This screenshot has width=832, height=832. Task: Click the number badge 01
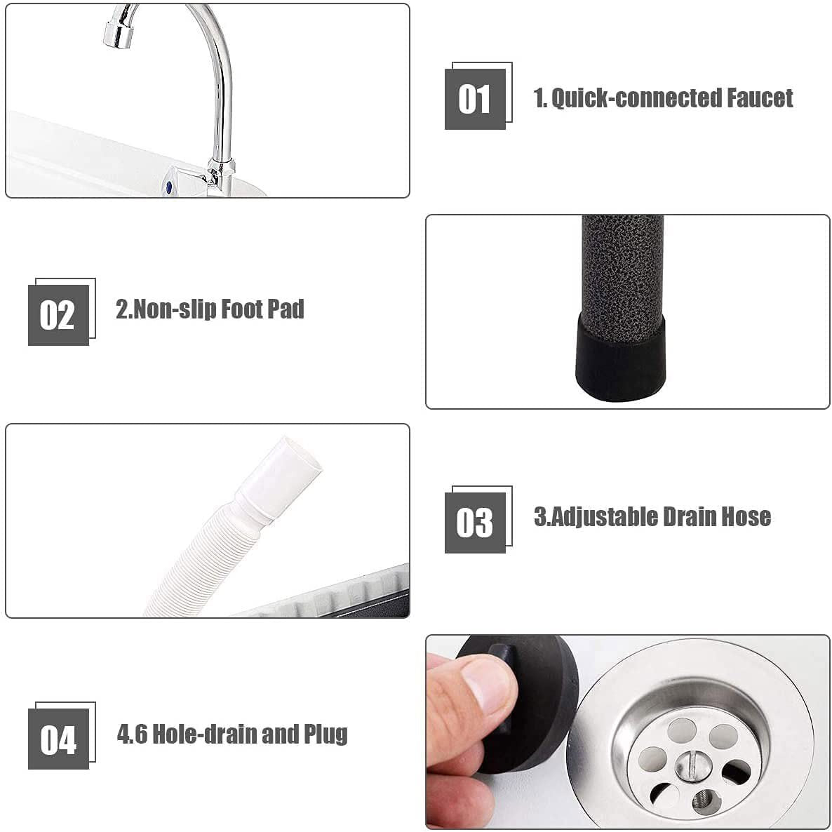(475, 99)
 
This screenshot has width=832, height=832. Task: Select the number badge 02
(58, 315)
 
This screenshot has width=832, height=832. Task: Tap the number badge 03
(475, 523)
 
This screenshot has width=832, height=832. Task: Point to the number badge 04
(58, 739)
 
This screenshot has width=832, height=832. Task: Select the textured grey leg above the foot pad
(622, 267)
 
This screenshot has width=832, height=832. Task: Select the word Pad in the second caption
(286, 309)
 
